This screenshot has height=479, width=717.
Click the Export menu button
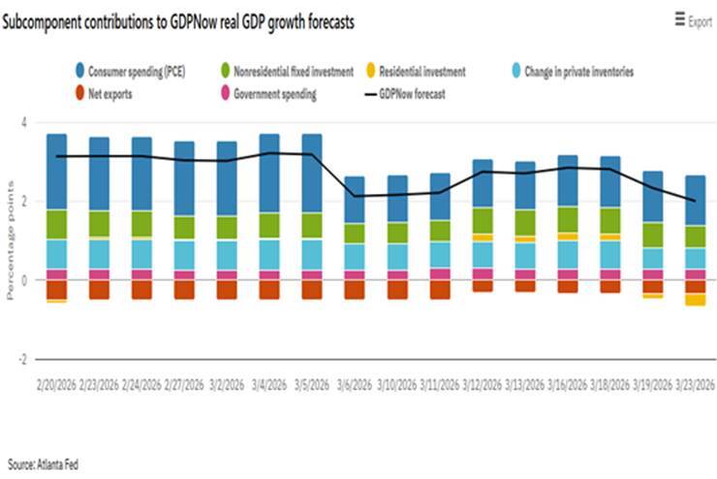coord(693,21)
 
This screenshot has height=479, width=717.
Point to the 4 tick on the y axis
coord(23,122)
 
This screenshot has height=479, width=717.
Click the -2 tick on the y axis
coord(21,359)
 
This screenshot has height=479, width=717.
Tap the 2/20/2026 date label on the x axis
coord(57,385)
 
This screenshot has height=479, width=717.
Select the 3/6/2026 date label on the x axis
coord(356,385)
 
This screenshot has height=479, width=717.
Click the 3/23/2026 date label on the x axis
coord(696,385)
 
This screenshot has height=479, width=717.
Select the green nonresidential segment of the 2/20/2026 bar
coord(57,224)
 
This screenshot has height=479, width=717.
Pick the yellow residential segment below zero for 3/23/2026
coord(696,300)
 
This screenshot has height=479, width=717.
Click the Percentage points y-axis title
coord(11,240)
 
